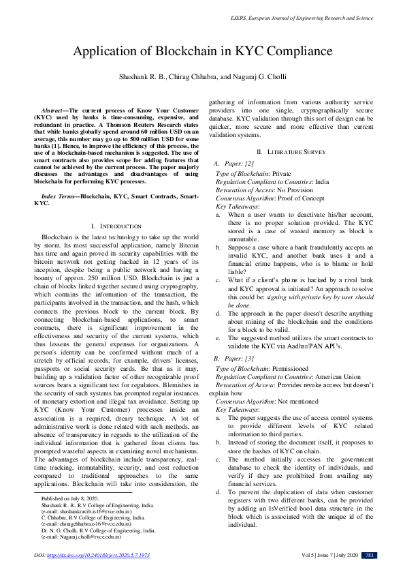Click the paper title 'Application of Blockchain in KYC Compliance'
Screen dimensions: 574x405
[201, 52]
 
